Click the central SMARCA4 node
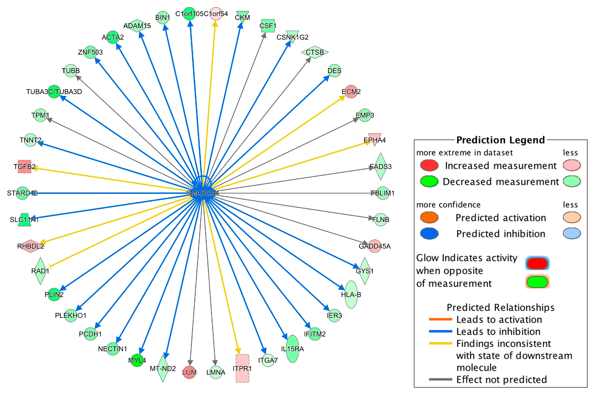[202, 193]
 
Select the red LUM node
[189, 372]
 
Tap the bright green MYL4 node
[137, 360]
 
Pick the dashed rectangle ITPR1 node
[242, 368]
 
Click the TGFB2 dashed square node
[24, 166]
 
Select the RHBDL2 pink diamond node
[30, 246]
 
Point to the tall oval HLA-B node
[351, 294]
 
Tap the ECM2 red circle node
[351, 92]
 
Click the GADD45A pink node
[374, 246]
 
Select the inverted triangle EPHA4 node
[374, 139]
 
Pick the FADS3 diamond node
[380, 166]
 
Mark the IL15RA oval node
[292, 349]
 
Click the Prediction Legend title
[500, 140]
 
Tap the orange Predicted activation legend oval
[429, 217]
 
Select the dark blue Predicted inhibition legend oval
[429, 234]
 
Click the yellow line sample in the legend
[440, 343]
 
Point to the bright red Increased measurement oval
[429, 165]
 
